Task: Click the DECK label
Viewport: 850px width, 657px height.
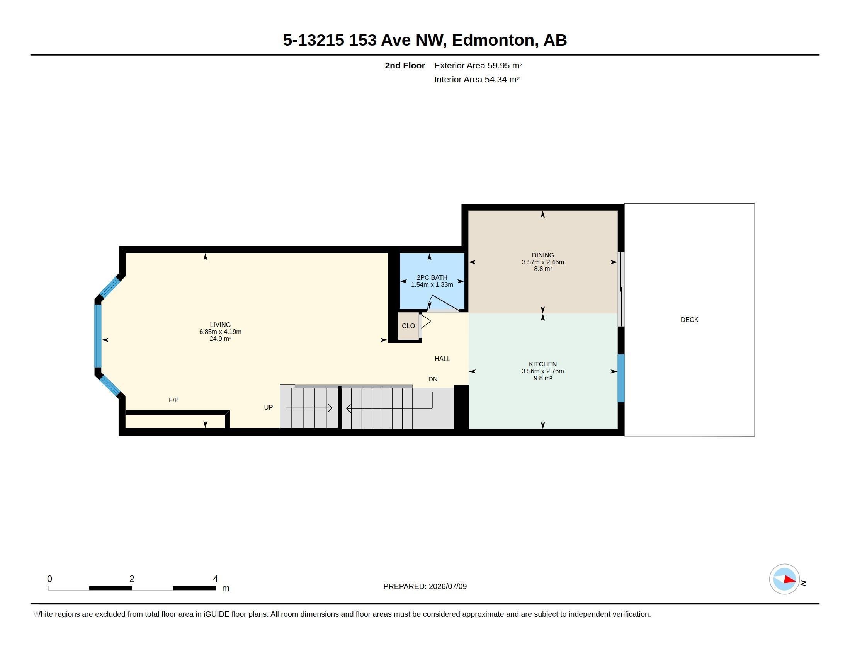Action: click(689, 320)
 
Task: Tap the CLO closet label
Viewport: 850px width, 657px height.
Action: click(408, 326)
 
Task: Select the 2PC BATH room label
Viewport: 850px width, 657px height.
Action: click(432, 277)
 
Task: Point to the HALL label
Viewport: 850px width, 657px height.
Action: click(442, 359)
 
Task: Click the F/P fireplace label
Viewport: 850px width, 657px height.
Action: click(173, 400)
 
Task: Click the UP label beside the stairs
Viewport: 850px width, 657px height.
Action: click(269, 407)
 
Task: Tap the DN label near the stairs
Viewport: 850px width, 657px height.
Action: click(433, 379)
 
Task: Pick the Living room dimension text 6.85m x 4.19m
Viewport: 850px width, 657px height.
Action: click(220, 332)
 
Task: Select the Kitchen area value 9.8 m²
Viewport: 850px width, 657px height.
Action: click(543, 378)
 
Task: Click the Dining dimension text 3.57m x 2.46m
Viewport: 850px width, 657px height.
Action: click(543, 262)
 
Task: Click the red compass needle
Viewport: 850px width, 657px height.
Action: click(790, 580)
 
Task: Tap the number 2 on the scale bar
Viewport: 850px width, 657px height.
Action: click(132, 579)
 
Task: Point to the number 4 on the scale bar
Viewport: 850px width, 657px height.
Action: click(215, 579)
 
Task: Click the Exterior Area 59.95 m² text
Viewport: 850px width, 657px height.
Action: click(478, 65)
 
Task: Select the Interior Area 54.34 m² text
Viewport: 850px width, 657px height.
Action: click(477, 79)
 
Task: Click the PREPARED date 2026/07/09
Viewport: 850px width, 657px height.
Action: click(447, 586)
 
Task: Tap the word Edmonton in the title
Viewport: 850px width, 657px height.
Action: click(493, 40)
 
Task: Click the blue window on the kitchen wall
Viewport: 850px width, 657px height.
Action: click(621, 378)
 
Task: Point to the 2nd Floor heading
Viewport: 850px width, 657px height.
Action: click(405, 65)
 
